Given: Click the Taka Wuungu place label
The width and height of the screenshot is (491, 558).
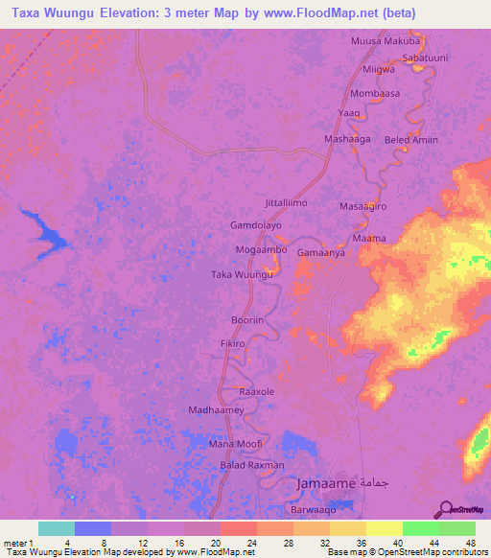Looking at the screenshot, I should point(243,274).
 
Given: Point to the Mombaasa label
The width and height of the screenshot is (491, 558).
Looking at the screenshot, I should point(375,94).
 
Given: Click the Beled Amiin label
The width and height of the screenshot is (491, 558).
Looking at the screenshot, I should point(411,140).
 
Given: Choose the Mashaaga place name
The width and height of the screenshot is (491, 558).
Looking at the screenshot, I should point(347,139).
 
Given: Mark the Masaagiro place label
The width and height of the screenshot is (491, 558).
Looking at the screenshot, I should point(363,206).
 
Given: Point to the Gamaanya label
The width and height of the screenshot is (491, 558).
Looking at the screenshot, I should point(320,253).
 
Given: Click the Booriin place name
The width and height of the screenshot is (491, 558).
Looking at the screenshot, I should point(247,321).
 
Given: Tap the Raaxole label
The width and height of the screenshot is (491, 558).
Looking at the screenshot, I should point(257,392).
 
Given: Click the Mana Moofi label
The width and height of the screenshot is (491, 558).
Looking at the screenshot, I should point(235,445).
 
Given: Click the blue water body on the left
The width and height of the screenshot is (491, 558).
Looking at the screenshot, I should point(43,231).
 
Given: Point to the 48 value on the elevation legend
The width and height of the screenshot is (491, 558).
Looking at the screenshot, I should point(470,542).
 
